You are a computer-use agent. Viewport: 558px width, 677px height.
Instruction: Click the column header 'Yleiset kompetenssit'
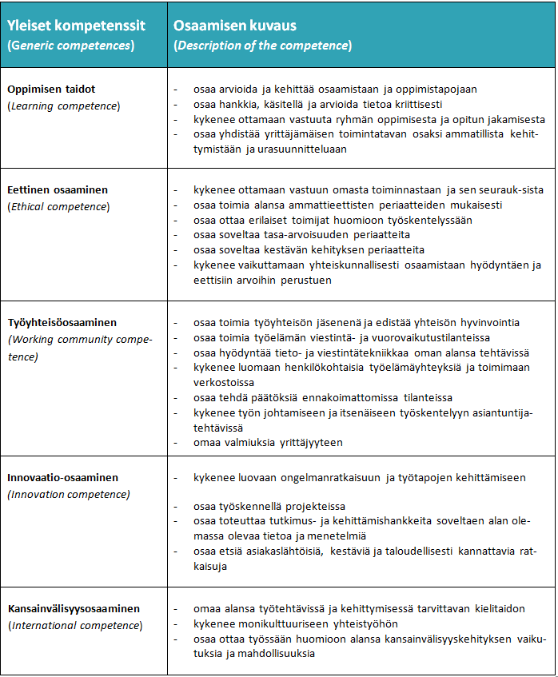tap(76, 26)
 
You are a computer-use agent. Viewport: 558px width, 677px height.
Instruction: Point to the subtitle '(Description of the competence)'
tap(262, 46)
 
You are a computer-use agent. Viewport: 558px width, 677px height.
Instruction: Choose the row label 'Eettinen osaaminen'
tap(58, 191)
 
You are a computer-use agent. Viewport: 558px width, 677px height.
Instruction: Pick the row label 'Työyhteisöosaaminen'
tap(62, 323)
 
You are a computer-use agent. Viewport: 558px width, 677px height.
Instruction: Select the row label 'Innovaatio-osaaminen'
tap(62, 478)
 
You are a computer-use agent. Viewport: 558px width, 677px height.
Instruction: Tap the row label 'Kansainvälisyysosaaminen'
tap(74, 608)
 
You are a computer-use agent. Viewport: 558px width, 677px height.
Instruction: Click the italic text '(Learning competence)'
tap(64, 106)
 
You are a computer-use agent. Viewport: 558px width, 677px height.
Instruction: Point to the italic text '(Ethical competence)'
tap(58, 207)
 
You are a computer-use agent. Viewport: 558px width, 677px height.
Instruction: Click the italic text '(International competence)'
tap(75, 625)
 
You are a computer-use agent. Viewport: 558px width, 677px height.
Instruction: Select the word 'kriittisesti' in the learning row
tap(416, 104)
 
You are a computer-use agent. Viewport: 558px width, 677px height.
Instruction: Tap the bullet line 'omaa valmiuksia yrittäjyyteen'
tap(269, 442)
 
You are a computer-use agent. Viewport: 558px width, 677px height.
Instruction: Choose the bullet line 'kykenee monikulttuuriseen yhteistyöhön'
tap(295, 623)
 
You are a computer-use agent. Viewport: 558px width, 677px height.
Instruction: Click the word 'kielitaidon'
tap(497, 609)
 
